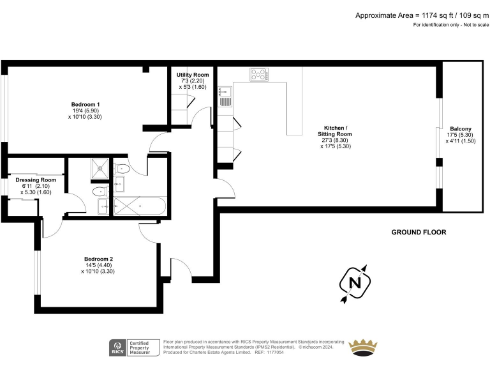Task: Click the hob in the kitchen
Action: tap(258, 75)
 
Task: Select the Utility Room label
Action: tap(193, 75)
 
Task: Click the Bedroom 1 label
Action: tap(85, 104)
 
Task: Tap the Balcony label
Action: tap(460, 128)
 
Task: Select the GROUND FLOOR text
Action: tap(419, 233)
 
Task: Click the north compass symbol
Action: tap(355, 281)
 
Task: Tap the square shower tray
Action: tap(100, 169)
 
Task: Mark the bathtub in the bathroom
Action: tap(139, 206)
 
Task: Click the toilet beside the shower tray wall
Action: tap(122, 169)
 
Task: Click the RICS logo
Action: tap(117, 348)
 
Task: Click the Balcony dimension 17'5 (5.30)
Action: tap(460, 135)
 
